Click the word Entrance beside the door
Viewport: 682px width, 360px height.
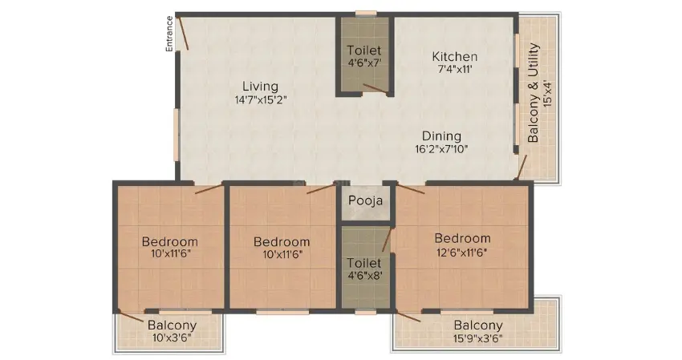click(169, 34)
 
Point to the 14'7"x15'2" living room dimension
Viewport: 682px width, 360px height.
click(261, 100)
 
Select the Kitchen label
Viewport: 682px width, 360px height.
click(455, 57)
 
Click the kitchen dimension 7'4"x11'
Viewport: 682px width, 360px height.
click(455, 70)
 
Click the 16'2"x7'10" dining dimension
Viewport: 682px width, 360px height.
click(440, 149)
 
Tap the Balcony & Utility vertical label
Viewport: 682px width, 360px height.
click(534, 94)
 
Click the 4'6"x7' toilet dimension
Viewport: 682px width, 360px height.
click(363, 63)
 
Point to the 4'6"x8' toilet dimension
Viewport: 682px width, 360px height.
click(363, 275)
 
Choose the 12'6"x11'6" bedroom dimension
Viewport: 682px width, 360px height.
click(462, 252)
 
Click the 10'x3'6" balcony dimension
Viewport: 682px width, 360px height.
click(171, 338)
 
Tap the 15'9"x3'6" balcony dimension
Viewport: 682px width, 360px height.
click(478, 338)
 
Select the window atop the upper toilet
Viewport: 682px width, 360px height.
click(366, 13)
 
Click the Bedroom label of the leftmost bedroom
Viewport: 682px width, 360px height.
click(170, 242)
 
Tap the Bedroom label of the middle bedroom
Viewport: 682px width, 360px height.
click(282, 242)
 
